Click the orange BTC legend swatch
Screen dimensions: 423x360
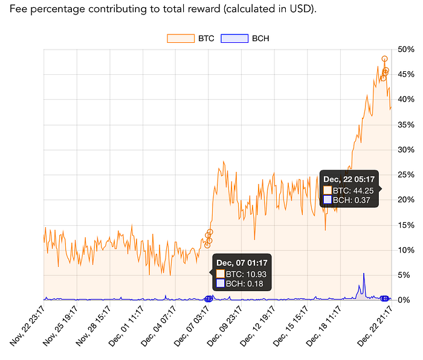181,39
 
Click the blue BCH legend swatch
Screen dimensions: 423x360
234,39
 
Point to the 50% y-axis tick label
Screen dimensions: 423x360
405,50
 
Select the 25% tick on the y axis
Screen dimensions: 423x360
405,175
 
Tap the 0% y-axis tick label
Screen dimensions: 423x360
404,300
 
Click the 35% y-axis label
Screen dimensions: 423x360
405,124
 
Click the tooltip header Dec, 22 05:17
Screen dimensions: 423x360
349,179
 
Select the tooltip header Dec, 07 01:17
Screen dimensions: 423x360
242,263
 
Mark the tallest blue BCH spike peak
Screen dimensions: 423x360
364,274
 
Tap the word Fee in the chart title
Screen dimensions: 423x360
18,9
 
